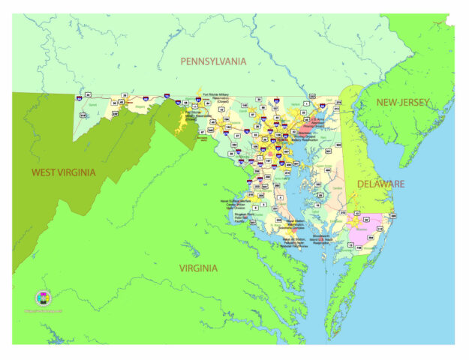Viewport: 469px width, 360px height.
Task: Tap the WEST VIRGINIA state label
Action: coord(63,172)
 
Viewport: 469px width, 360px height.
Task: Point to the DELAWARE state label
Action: coord(380,183)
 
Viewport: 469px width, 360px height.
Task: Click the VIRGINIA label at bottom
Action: coord(198,268)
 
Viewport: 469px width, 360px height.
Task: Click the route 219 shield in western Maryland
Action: coord(83,114)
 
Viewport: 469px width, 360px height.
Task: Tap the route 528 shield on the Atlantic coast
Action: coord(393,216)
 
